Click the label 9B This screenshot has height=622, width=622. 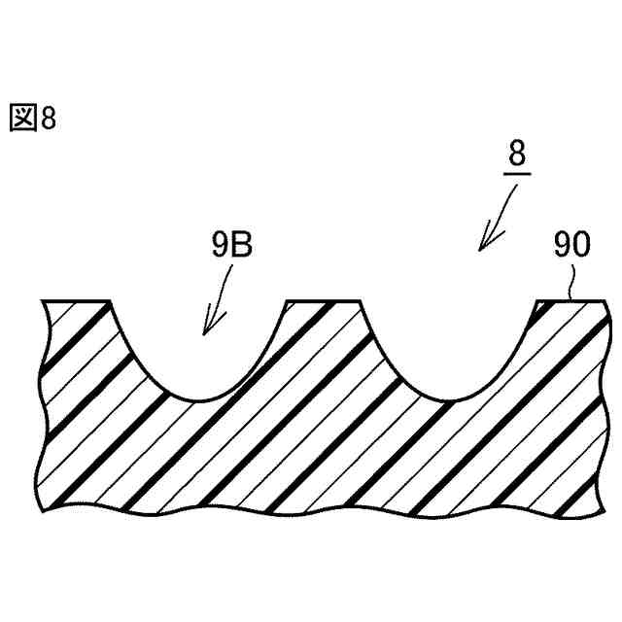[232, 245]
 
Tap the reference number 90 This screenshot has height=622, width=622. [571, 245]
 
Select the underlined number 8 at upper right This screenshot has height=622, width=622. [517, 154]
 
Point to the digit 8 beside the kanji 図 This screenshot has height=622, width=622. [49, 118]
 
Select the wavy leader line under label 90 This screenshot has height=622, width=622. [571, 281]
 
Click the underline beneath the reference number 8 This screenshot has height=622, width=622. [517, 174]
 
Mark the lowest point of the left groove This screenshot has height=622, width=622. [198, 400]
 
